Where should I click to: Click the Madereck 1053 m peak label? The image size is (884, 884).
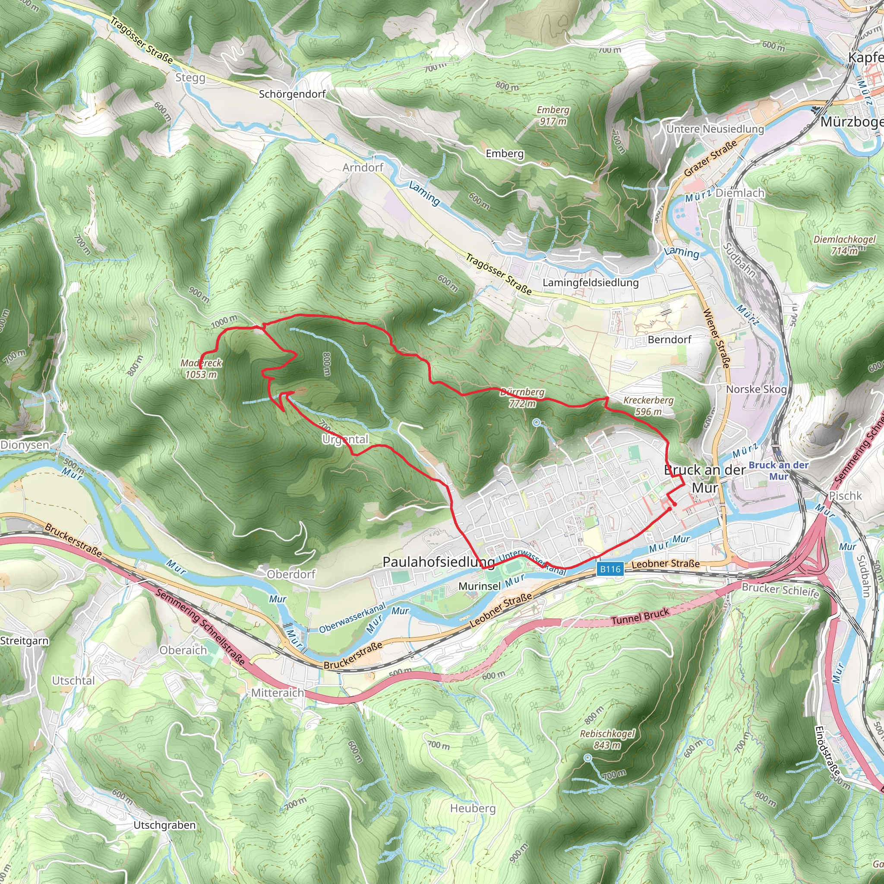pyautogui.click(x=201, y=368)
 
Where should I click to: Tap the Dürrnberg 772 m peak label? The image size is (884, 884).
pyautogui.click(x=522, y=398)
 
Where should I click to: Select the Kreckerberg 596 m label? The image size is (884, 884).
pyautogui.click(x=648, y=405)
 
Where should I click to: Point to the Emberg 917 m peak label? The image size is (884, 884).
pyautogui.click(x=553, y=115)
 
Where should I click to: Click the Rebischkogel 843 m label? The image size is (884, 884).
pyautogui.click(x=607, y=739)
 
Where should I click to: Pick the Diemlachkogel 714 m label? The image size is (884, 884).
pyautogui.click(x=844, y=245)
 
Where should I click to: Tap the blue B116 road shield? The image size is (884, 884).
pyautogui.click(x=610, y=569)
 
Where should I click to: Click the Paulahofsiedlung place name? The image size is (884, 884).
pyautogui.click(x=439, y=562)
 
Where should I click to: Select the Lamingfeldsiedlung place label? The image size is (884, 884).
pyautogui.click(x=590, y=283)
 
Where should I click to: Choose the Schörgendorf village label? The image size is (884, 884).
pyautogui.click(x=292, y=94)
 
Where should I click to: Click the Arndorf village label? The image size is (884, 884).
pyautogui.click(x=363, y=167)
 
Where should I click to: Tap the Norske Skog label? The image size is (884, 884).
pyautogui.click(x=756, y=389)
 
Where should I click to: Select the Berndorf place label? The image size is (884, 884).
pyautogui.click(x=669, y=340)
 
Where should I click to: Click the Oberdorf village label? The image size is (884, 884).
pyautogui.click(x=291, y=574)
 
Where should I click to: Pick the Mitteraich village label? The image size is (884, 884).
pyautogui.click(x=277, y=693)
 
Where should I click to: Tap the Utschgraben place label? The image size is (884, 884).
pyautogui.click(x=164, y=825)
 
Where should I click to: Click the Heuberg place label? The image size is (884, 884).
pyautogui.click(x=473, y=808)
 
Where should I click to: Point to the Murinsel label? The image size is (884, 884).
pyautogui.click(x=480, y=586)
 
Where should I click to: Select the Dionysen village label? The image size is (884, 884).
pyautogui.click(x=25, y=445)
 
